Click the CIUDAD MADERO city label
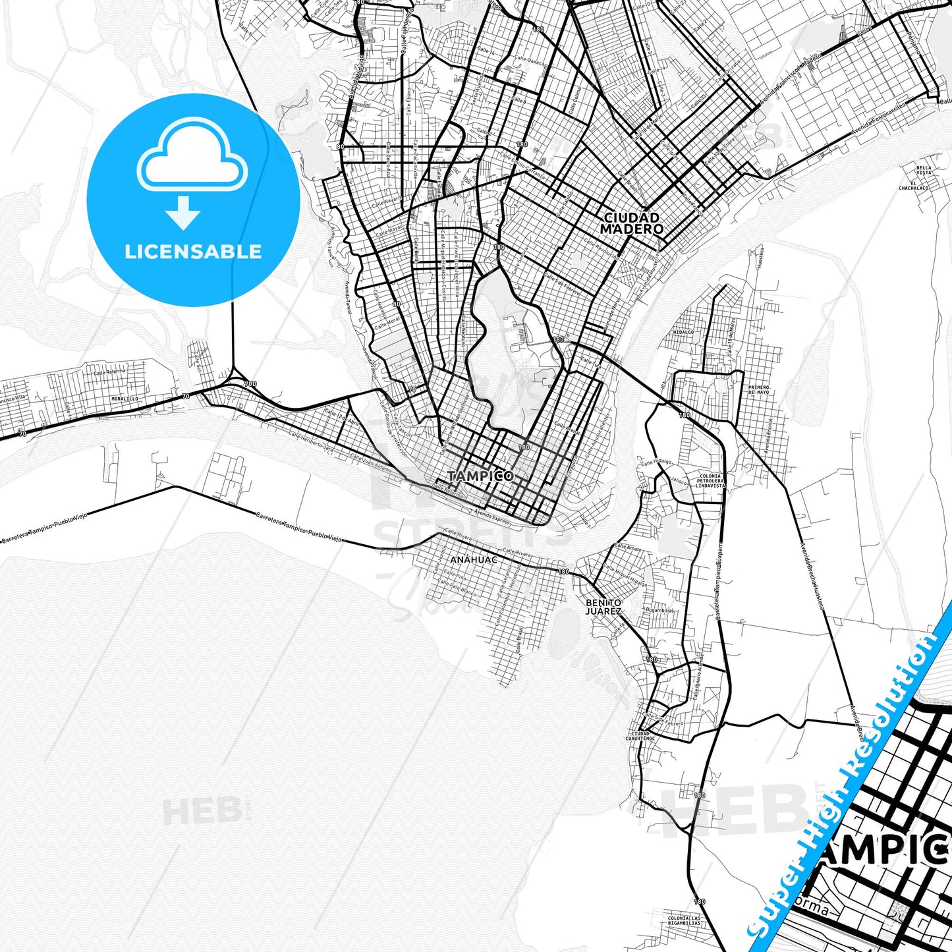pos(631,223)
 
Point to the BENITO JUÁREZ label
pos(603,607)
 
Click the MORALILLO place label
pos(125,399)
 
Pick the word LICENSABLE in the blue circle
pos(193,252)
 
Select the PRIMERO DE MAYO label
pos(758,389)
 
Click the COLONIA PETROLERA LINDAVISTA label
pos(710,481)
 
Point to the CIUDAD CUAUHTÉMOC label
pos(640,736)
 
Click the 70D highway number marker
pos(250,383)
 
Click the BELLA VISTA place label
pos(924,170)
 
